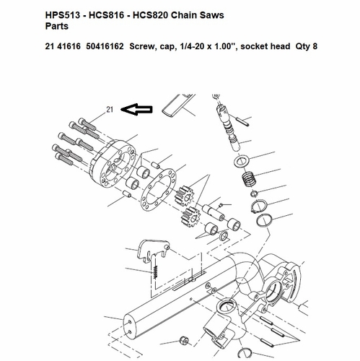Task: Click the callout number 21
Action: point(110,110)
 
